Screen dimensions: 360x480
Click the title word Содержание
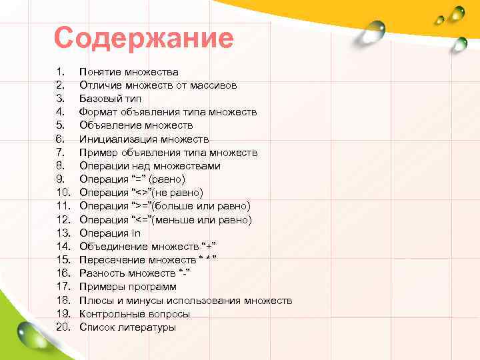[144, 39]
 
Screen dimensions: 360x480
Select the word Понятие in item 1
[100, 72]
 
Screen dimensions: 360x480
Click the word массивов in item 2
[212, 85]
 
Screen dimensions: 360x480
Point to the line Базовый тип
[110, 99]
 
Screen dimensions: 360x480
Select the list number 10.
[63, 193]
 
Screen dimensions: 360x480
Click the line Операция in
[110, 233]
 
